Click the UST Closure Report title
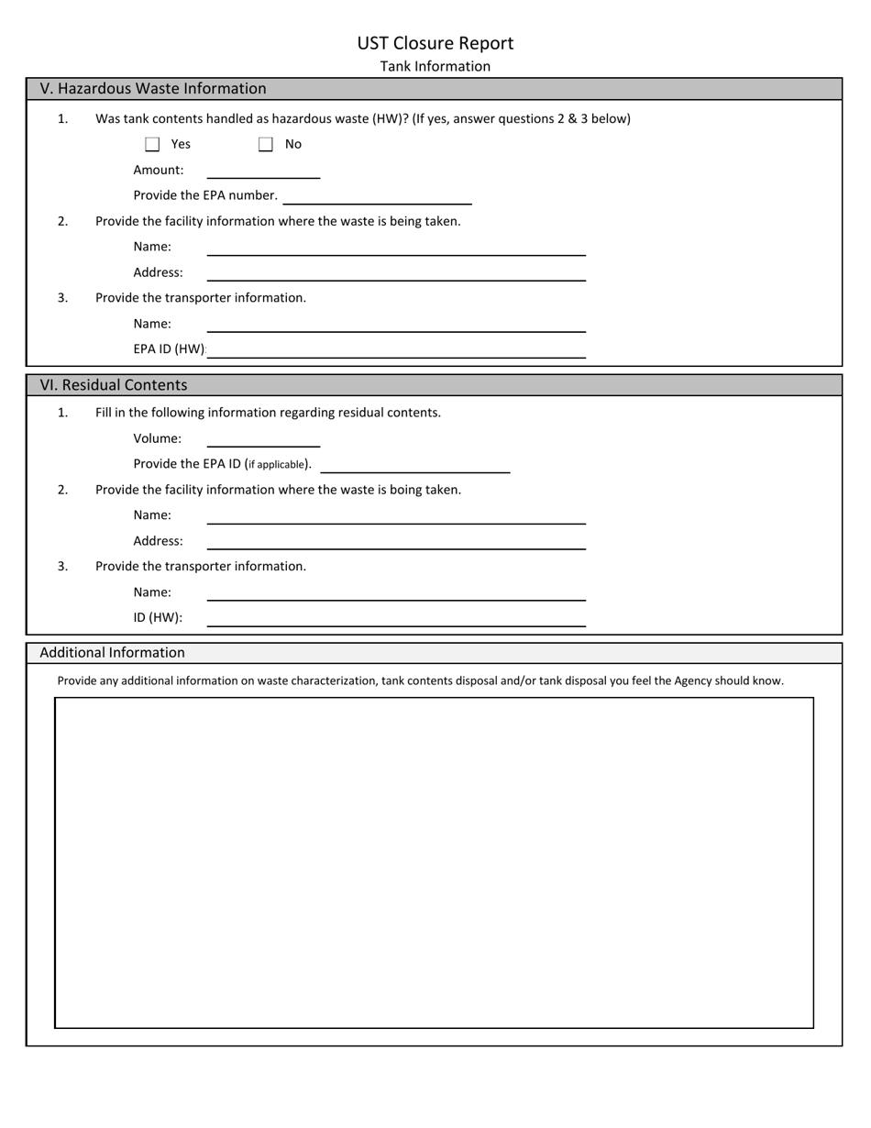(x=435, y=43)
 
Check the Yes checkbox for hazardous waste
(x=152, y=144)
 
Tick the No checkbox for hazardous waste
(x=266, y=144)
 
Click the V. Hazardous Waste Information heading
(x=153, y=89)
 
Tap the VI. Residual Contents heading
(x=114, y=385)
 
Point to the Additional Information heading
(x=112, y=653)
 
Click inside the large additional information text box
(x=434, y=862)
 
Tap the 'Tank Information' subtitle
(x=435, y=66)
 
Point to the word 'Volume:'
(x=158, y=438)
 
